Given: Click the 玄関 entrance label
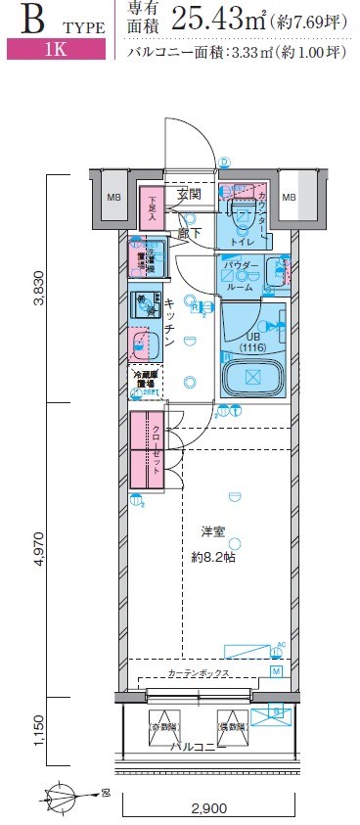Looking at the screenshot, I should (x=189, y=195).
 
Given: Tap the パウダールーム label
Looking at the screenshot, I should (x=240, y=277).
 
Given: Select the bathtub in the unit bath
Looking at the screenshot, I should (x=252, y=377).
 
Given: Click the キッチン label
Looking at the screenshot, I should (x=169, y=323).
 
